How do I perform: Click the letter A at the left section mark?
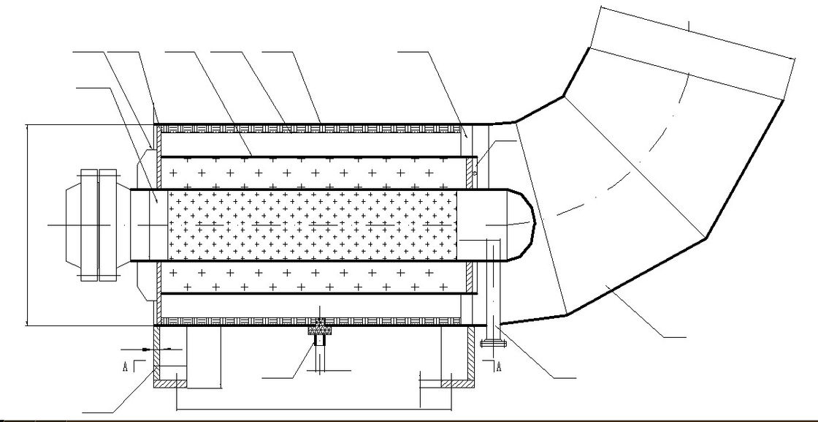(125, 366)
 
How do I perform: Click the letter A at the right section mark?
(499, 366)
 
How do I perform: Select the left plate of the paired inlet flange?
(89, 225)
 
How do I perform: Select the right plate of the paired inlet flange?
(107, 225)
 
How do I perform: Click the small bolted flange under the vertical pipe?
(493, 344)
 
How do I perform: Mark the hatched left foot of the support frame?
(170, 384)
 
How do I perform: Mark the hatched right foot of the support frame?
(458, 384)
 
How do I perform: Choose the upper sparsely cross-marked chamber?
(313, 173)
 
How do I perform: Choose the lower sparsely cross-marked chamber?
(313, 276)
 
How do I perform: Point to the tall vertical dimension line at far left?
(26, 225)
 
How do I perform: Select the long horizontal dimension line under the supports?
(314, 410)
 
